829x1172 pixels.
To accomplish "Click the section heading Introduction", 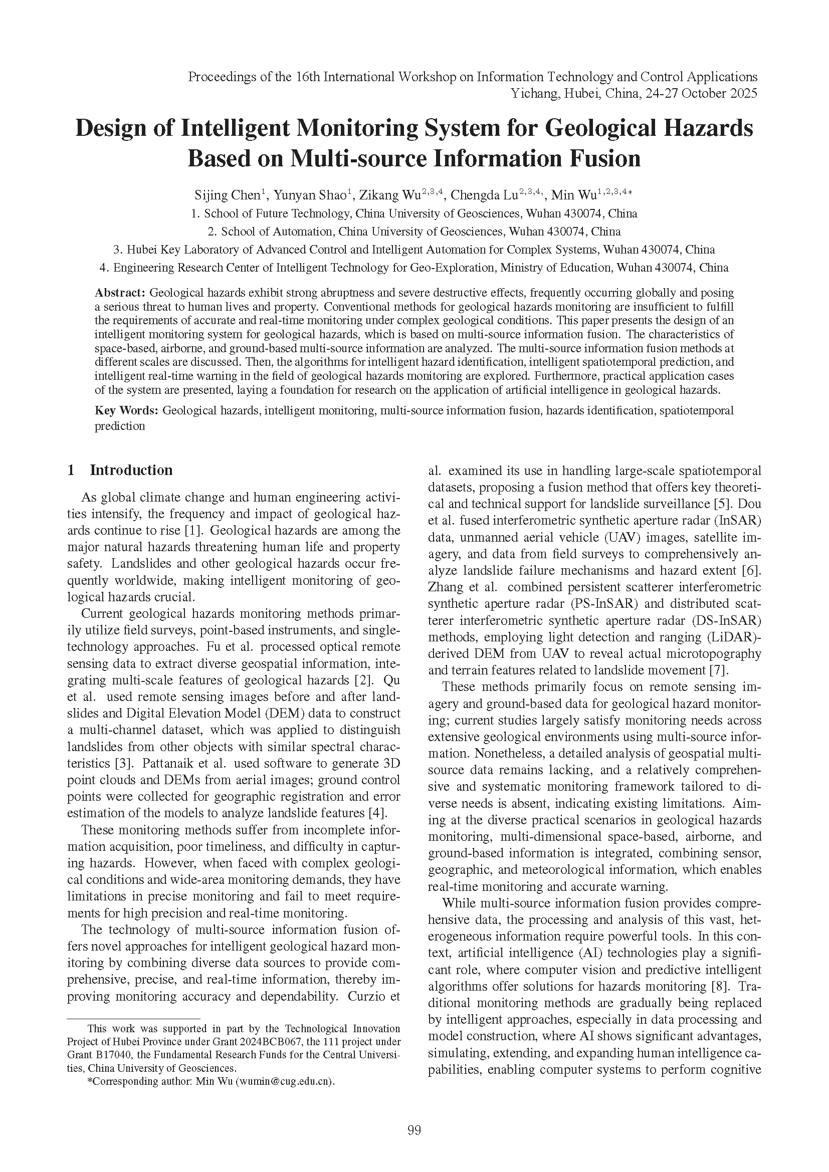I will click(x=131, y=470).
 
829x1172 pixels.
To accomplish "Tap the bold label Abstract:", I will click(x=120, y=293).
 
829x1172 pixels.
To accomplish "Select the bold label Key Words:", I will click(x=127, y=410).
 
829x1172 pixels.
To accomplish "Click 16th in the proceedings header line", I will click(x=308, y=77).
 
